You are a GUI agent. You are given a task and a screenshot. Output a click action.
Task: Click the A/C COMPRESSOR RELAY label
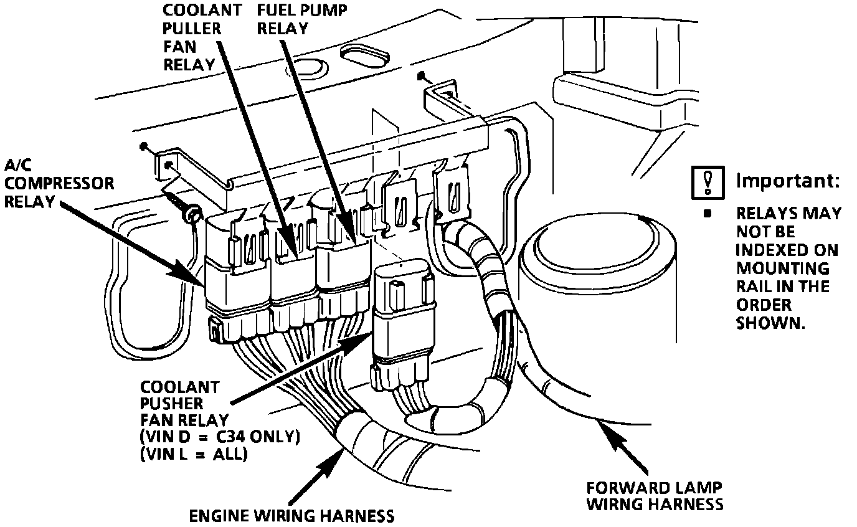pos(59,183)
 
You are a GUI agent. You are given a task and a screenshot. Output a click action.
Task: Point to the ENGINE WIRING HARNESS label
pos(292,515)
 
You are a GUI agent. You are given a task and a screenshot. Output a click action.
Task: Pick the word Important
pos(787,181)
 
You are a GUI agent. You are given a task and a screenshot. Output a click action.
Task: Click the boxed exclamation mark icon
pos(708,181)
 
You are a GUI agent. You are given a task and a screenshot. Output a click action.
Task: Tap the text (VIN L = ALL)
pos(194,454)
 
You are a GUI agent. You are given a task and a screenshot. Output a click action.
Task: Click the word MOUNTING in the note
pos(782,268)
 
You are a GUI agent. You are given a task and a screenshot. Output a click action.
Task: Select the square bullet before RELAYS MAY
pos(707,213)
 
